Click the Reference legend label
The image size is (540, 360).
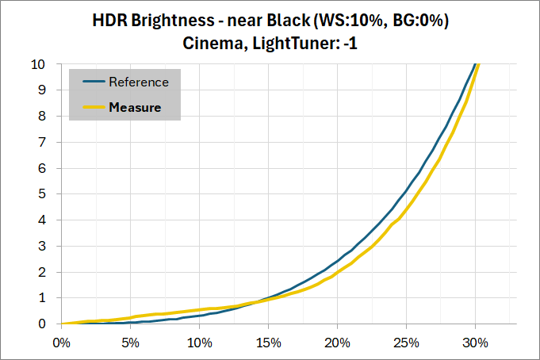[139, 82]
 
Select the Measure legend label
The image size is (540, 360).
[135, 107]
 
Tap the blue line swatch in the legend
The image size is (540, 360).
[92, 82]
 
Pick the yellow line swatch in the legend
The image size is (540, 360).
[92, 107]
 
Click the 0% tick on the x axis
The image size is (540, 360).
[61, 343]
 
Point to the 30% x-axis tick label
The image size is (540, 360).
[475, 343]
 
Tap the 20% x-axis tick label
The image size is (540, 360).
[337, 343]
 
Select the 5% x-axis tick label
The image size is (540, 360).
[130, 343]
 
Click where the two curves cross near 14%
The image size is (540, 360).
[255, 302]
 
